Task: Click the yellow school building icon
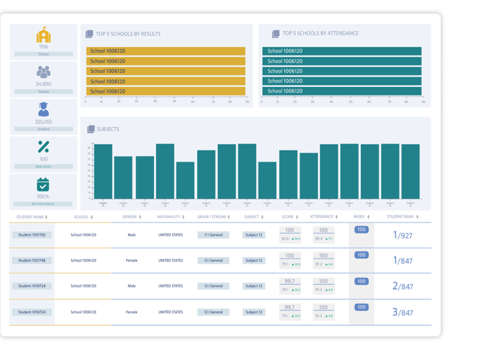(x=43, y=35)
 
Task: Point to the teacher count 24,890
(x=43, y=84)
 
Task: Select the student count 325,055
(x=43, y=122)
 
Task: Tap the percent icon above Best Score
(x=43, y=146)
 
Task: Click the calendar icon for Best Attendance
(x=43, y=185)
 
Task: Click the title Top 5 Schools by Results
(x=128, y=33)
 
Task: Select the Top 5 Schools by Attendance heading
(x=320, y=33)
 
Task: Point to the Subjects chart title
(x=108, y=129)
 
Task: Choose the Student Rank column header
(x=403, y=217)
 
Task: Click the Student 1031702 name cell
(x=32, y=235)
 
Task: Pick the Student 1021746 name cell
(x=32, y=261)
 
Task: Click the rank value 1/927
(x=402, y=236)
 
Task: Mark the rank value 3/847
(x=402, y=312)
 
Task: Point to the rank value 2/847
(x=402, y=286)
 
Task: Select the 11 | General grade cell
(x=213, y=235)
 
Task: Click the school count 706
(x=43, y=47)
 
